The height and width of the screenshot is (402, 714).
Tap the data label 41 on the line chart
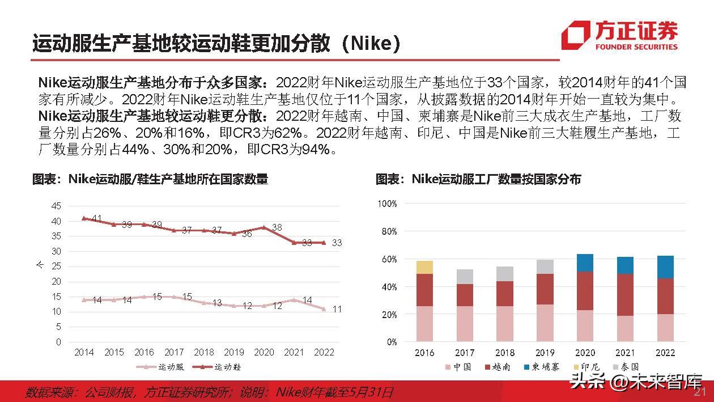(96, 218)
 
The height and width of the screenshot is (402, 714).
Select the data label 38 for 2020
(277, 227)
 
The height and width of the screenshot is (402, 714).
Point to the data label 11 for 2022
(337, 309)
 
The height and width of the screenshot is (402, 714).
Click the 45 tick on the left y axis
(56, 205)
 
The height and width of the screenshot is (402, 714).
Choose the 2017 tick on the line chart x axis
(174, 352)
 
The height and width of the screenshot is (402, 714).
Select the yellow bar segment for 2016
(424, 268)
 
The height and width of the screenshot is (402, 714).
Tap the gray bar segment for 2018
(504, 274)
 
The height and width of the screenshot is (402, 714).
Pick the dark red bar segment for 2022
(665, 296)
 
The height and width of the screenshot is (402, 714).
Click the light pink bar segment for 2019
(545, 323)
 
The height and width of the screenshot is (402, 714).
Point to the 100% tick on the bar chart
(387, 204)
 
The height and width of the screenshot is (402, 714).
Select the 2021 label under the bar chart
(625, 352)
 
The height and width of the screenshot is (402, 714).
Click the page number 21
(700, 392)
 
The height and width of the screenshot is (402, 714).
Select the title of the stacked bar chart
(479, 179)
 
